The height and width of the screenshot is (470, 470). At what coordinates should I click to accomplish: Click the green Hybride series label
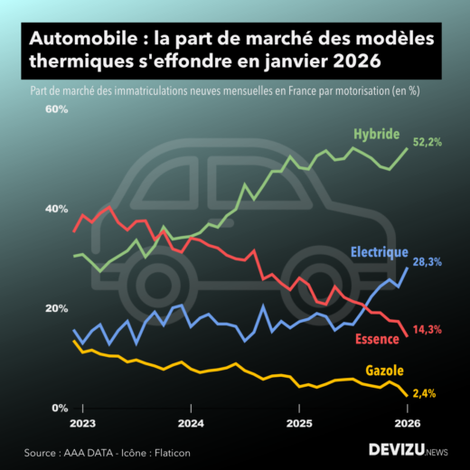pos(376,134)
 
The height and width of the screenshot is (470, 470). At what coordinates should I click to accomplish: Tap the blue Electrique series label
pos(379,252)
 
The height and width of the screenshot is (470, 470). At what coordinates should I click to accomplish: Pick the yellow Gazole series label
pos(384,371)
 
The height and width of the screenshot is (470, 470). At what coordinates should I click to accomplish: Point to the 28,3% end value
pos(427,261)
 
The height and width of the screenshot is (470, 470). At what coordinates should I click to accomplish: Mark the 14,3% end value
pos(427,330)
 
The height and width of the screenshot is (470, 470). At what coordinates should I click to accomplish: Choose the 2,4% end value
pos(424,393)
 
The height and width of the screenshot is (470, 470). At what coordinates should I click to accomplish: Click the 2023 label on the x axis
pos(83,422)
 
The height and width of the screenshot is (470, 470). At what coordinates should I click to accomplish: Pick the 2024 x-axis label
pos(191,422)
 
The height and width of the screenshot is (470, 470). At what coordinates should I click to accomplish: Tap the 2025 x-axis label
pos(299,422)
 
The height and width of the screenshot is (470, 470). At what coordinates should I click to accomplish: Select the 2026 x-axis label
pos(407,422)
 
